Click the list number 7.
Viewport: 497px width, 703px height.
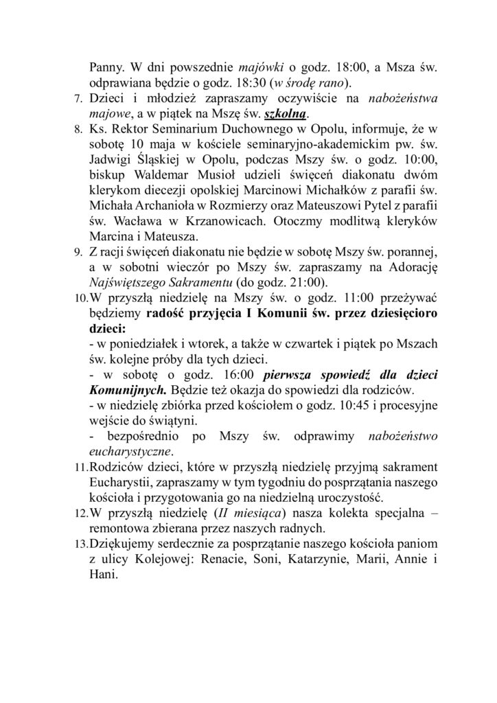point(78,100)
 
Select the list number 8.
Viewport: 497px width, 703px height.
point(78,128)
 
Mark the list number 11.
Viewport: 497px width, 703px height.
point(79,467)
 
